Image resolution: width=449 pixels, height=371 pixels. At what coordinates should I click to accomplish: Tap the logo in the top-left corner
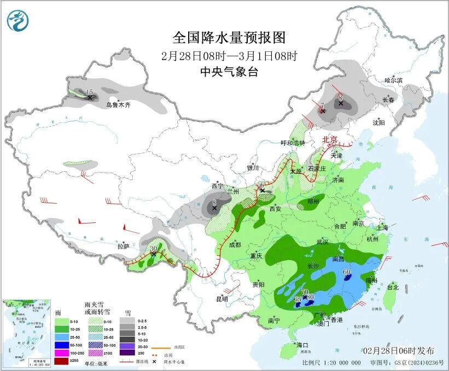point(18,21)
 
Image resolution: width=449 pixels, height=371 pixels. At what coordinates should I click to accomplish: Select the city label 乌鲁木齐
point(118,104)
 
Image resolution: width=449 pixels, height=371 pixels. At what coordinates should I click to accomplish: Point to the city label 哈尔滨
point(393,80)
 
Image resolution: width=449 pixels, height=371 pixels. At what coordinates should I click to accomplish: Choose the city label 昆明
point(221,299)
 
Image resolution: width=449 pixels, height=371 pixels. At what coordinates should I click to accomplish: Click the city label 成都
point(235,245)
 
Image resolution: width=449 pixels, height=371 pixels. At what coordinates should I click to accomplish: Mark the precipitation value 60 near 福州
point(346,272)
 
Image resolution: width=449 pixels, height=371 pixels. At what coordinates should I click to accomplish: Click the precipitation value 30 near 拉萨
point(153,248)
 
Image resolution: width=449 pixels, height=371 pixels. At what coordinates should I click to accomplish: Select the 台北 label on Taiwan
point(393,287)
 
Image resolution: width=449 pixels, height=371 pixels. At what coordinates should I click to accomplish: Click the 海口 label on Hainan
point(303,345)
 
